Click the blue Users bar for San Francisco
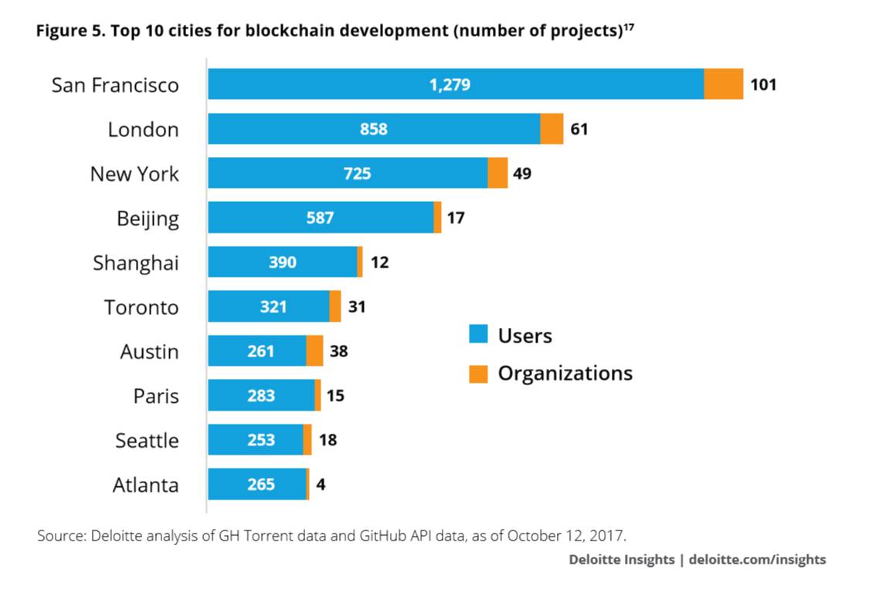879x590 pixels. pos(456,84)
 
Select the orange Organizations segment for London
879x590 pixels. pos(551,128)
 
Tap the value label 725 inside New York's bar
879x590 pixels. pos(357,173)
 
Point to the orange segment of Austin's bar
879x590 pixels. pos(314,351)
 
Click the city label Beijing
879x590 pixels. pos(148,219)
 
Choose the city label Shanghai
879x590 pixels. pos(136,263)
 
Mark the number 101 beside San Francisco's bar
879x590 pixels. pos(763,85)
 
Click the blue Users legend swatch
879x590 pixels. pos(478,333)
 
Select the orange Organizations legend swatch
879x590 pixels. pos(478,373)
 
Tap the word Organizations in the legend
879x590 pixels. pos(565,373)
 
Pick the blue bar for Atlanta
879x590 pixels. pos(257,484)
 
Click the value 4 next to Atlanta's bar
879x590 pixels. pos(321,485)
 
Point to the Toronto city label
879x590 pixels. pos(141,307)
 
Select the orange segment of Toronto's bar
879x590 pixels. pos(335,306)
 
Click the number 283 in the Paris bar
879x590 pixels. pos(261,395)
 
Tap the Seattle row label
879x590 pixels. pos(147,441)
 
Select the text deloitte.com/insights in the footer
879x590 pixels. pos(758,560)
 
